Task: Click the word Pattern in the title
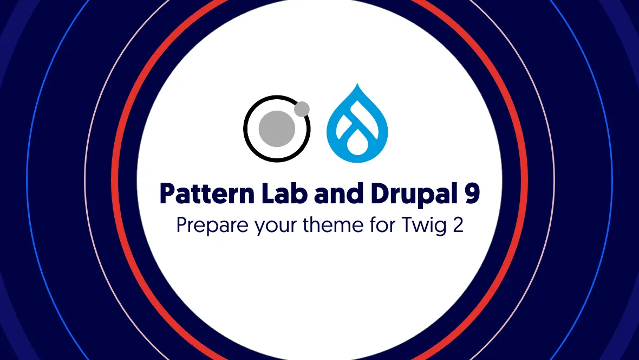(x=207, y=193)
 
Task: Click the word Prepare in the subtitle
(x=212, y=226)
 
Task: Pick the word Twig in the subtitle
(x=424, y=226)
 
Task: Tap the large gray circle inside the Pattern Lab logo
(x=277, y=128)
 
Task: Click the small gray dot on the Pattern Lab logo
(x=302, y=109)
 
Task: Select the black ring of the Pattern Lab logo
(x=245, y=129)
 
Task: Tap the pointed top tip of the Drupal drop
(x=357, y=83)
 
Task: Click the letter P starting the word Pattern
(x=168, y=194)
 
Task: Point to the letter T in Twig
(x=408, y=225)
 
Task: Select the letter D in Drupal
(x=380, y=194)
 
